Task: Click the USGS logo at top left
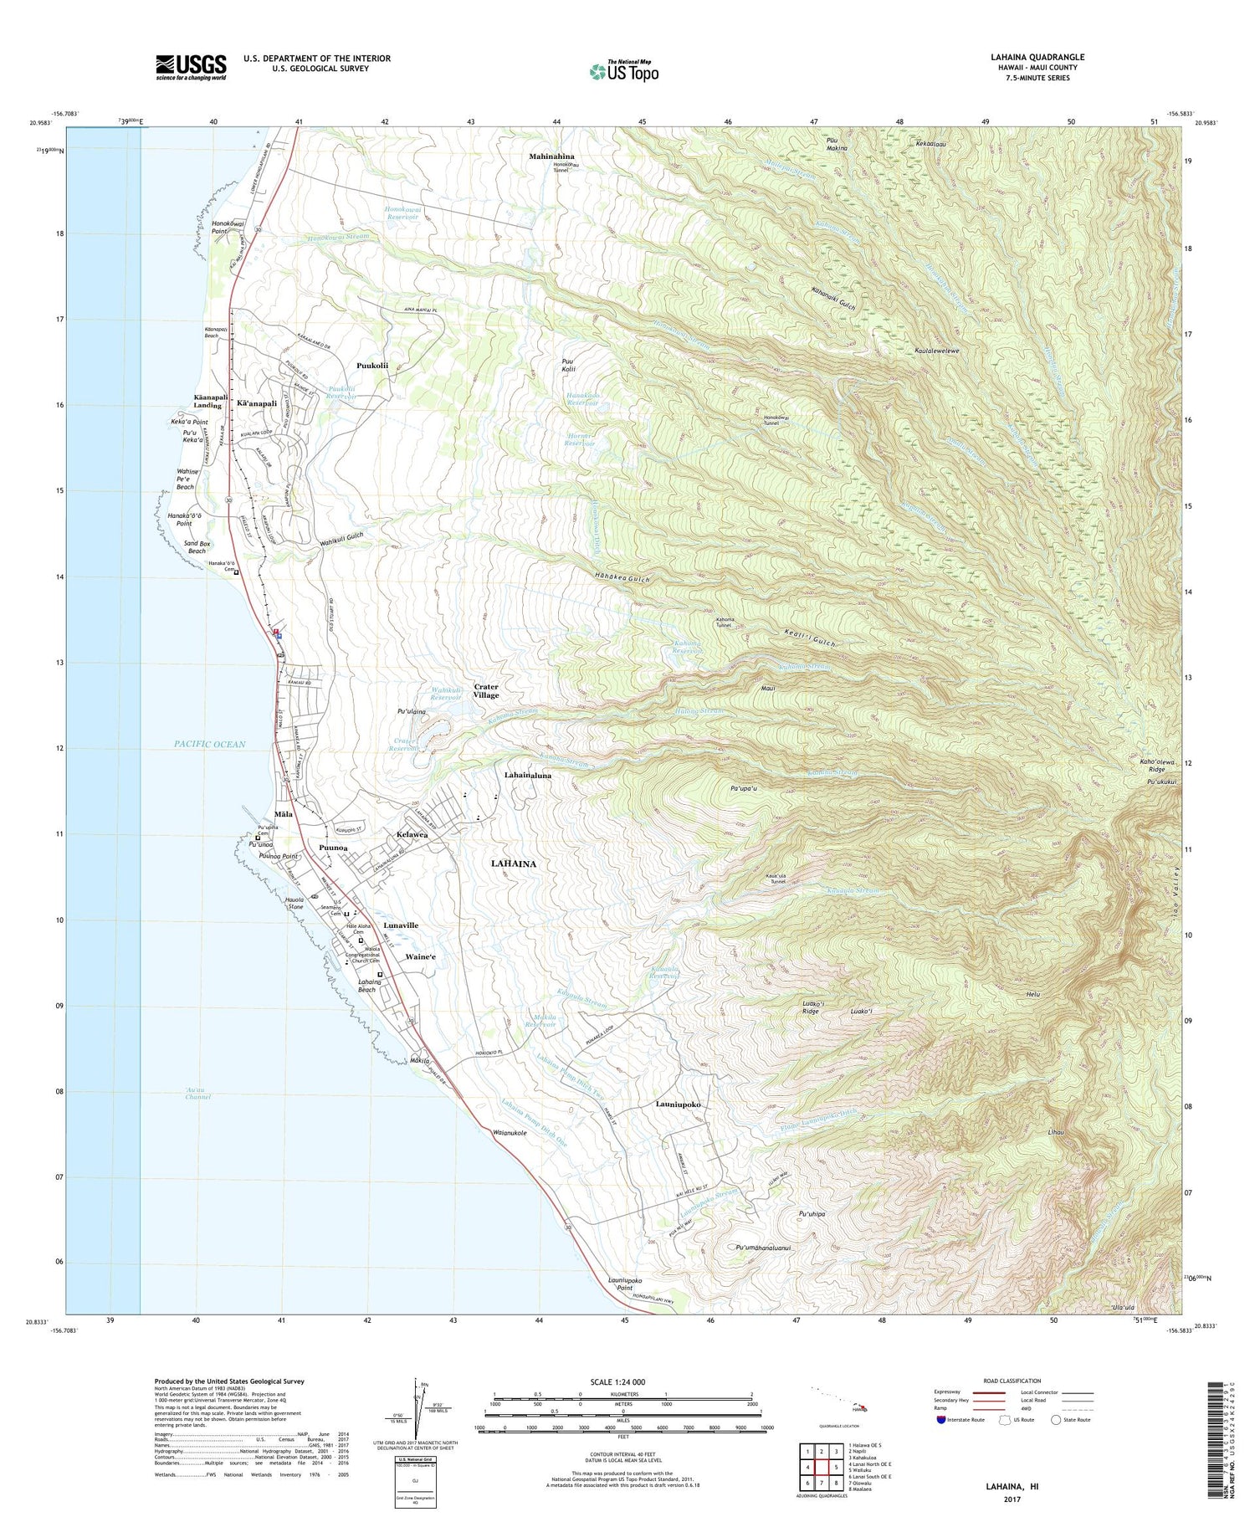click(191, 67)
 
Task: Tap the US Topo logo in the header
click(623, 71)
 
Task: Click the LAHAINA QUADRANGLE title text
click(1037, 57)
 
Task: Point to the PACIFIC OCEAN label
click(210, 744)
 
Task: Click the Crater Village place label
click(486, 690)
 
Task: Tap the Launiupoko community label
click(678, 1104)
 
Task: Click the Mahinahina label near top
click(551, 156)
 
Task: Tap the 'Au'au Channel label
click(197, 1093)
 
